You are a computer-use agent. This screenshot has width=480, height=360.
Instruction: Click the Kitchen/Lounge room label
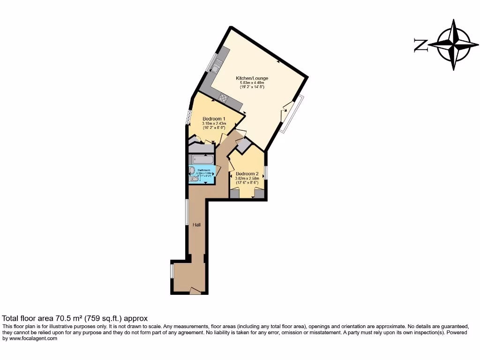pyautogui.click(x=252, y=78)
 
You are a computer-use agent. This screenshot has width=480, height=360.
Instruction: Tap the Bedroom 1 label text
pyautogui.click(x=214, y=119)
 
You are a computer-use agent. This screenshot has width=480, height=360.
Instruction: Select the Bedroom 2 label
pyautogui.click(x=247, y=174)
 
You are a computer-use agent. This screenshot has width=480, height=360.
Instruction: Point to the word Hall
pyautogui.click(x=198, y=225)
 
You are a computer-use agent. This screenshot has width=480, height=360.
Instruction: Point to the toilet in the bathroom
pyautogui.click(x=194, y=179)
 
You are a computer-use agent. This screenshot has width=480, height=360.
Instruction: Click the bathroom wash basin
pyautogui.click(x=192, y=170)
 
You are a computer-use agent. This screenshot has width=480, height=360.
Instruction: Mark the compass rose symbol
pyautogui.click(x=453, y=45)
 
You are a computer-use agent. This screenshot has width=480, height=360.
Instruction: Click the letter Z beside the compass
pyautogui.click(x=420, y=45)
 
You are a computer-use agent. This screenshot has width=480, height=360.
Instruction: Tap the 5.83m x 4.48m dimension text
pyautogui.click(x=252, y=83)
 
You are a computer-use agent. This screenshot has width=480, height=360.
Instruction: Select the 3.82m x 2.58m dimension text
pyautogui.click(x=247, y=179)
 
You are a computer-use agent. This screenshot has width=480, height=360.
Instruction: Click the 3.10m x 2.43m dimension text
pyautogui.click(x=214, y=123)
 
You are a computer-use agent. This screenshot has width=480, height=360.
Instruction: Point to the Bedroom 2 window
pyautogui.click(x=265, y=172)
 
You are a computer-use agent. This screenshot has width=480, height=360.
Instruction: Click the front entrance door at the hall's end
pyautogui.click(x=195, y=292)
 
